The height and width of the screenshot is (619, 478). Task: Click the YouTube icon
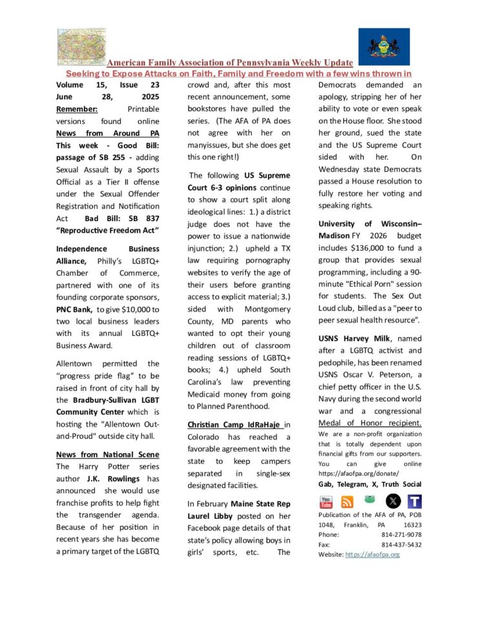[326, 501]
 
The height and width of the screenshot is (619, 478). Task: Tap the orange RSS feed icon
[348, 501]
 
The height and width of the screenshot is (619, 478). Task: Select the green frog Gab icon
[369, 499]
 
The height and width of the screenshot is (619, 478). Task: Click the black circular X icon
[393, 501]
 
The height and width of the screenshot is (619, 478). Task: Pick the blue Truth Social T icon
[415, 501]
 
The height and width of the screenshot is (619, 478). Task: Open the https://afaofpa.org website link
[372, 554]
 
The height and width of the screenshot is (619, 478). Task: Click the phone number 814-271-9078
[401, 535]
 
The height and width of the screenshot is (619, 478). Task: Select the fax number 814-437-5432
[401, 545]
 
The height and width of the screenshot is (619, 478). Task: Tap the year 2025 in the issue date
[149, 96]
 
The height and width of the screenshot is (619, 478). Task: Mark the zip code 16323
[410, 525]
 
